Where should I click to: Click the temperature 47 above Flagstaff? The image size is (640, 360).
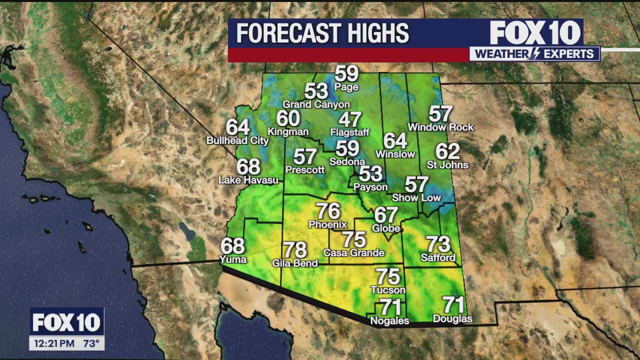pyautogui.click(x=350, y=120)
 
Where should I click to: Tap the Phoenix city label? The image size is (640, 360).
pyautogui.click(x=327, y=224)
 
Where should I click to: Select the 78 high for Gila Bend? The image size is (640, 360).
pyautogui.click(x=295, y=249)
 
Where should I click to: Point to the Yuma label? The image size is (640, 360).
pyautogui.click(x=233, y=259)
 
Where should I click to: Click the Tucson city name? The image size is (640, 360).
pyautogui.click(x=388, y=289)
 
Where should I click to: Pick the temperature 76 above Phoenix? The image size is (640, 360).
pyautogui.click(x=328, y=211)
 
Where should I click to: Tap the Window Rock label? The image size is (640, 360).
pyautogui.click(x=440, y=127)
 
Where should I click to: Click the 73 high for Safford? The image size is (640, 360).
pyautogui.click(x=438, y=244)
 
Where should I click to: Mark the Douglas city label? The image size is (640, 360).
pyautogui.click(x=452, y=318)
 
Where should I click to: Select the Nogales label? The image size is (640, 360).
pyautogui.click(x=389, y=320)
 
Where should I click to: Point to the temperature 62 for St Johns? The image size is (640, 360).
pyautogui.click(x=447, y=151)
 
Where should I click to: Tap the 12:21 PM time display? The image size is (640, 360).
pyautogui.click(x=54, y=343)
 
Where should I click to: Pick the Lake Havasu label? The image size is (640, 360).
pyautogui.click(x=248, y=180)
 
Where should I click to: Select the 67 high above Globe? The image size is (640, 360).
pyautogui.click(x=386, y=215)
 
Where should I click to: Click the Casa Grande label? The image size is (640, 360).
pyautogui.click(x=354, y=252)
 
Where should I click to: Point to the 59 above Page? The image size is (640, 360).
pyautogui.click(x=346, y=74)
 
